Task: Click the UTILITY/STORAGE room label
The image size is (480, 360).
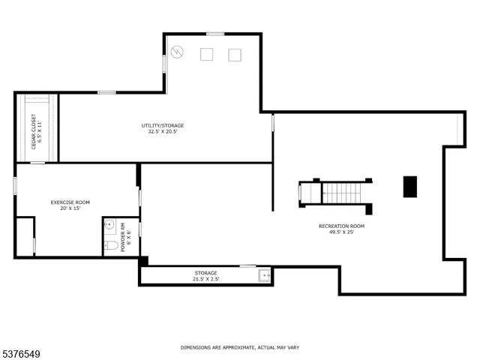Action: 163,125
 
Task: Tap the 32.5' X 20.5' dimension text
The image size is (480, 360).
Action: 163,131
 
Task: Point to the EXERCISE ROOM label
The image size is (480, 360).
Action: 70,202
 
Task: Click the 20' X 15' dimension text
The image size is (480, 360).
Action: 70,208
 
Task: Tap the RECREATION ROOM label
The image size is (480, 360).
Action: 341,226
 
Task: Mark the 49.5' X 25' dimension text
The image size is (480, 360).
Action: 341,232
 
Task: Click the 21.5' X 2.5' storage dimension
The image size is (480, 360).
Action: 205,279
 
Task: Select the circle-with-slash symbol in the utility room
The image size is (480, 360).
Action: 178,52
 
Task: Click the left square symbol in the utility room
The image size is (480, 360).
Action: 207,54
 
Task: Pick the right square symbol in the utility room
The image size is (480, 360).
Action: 235,54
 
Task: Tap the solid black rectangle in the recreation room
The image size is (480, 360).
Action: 410,187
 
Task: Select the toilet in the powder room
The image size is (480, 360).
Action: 109,246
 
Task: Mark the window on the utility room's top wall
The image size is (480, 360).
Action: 215,33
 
